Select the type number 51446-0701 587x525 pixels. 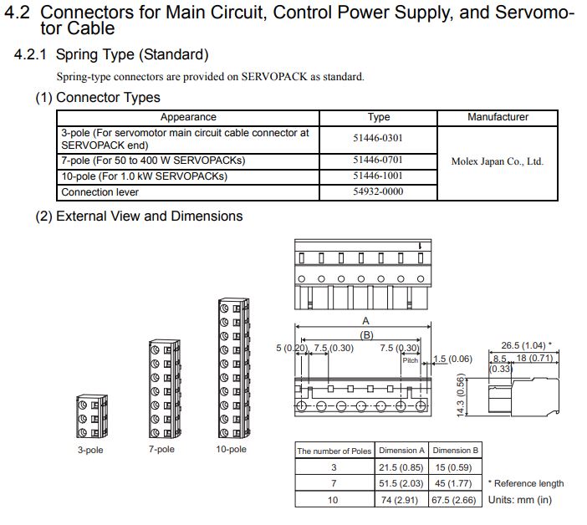[x=378, y=160]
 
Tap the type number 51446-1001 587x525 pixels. [x=378, y=176]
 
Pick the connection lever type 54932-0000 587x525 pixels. [x=378, y=191]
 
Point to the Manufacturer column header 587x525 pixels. [x=498, y=117]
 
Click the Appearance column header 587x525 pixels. [x=188, y=117]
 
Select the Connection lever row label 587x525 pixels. [x=100, y=191]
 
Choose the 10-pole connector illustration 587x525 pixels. [x=231, y=368]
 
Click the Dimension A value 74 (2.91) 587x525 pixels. [x=401, y=500]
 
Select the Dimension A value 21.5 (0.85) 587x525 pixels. [x=401, y=467]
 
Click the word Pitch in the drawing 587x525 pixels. [x=410, y=360]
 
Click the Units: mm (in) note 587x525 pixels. [x=519, y=500]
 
